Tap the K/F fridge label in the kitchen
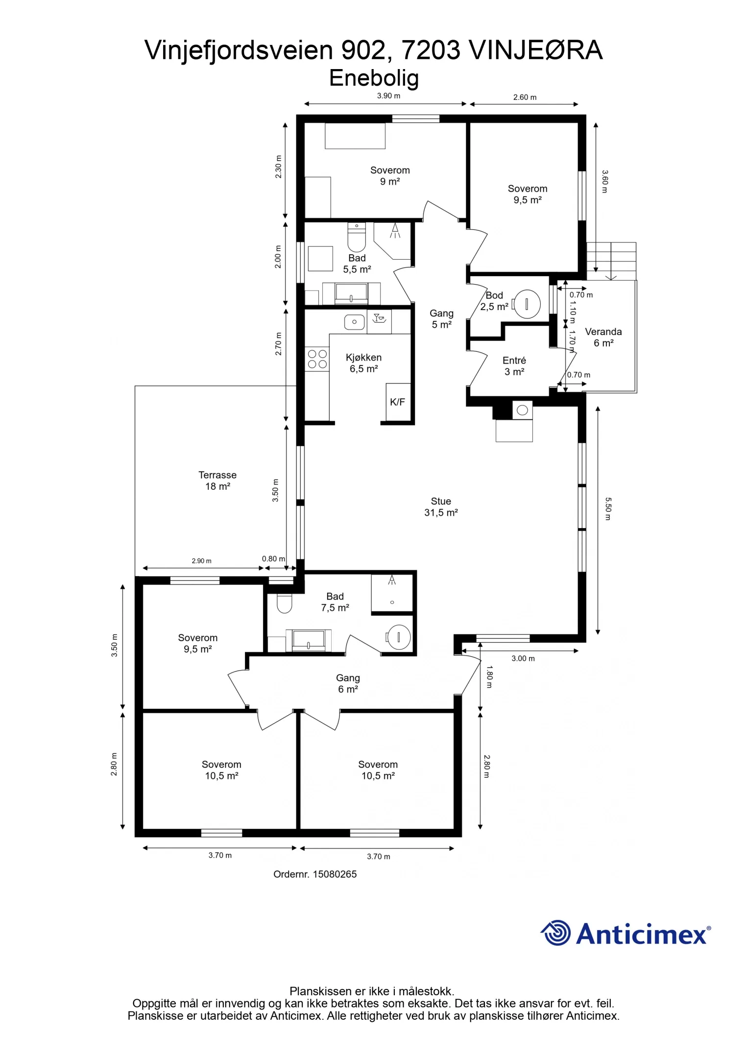pyautogui.click(x=397, y=402)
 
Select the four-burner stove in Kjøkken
pyautogui.click(x=317, y=359)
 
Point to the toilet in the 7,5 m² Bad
pyautogui.click(x=285, y=603)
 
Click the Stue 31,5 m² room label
pyautogui.click(x=441, y=507)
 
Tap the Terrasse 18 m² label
pyautogui.click(x=217, y=481)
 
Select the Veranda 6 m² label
pyautogui.click(x=603, y=337)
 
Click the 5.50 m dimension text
pyautogui.click(x=608, y=509)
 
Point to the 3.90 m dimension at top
pyautogui.click(x=388, y=96)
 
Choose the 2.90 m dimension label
pyautogui.click(x=201, y=561)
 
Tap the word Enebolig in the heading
pyautogui.click(x=374, y=78)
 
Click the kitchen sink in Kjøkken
pyautogui.click(x=354, y=322)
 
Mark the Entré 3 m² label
pyautogui.click(x=514, y=366)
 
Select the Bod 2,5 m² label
pyautogui.click(x=494, y=301)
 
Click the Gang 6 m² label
pyautogui.click(x=348, y=683)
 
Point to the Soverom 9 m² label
pyautogui.click(x=390, y=176)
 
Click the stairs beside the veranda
pyautogui.click(x=611, y=261)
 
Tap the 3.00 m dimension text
pyautogui.click(x=523, y=658)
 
